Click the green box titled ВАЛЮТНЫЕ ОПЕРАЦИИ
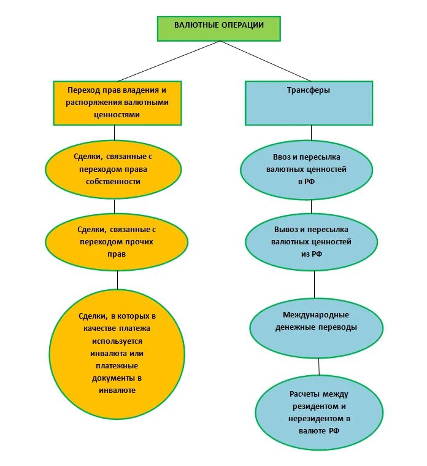pos(219,28)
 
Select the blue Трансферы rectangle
pos(309,103)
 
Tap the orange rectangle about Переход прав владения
pos(117,103)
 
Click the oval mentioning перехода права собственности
pos(113,171)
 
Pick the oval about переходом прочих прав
pos(117,241)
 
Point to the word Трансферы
pos(309,90)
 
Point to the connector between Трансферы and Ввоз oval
pos(311,133)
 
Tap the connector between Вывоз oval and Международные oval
pos(314,283)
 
